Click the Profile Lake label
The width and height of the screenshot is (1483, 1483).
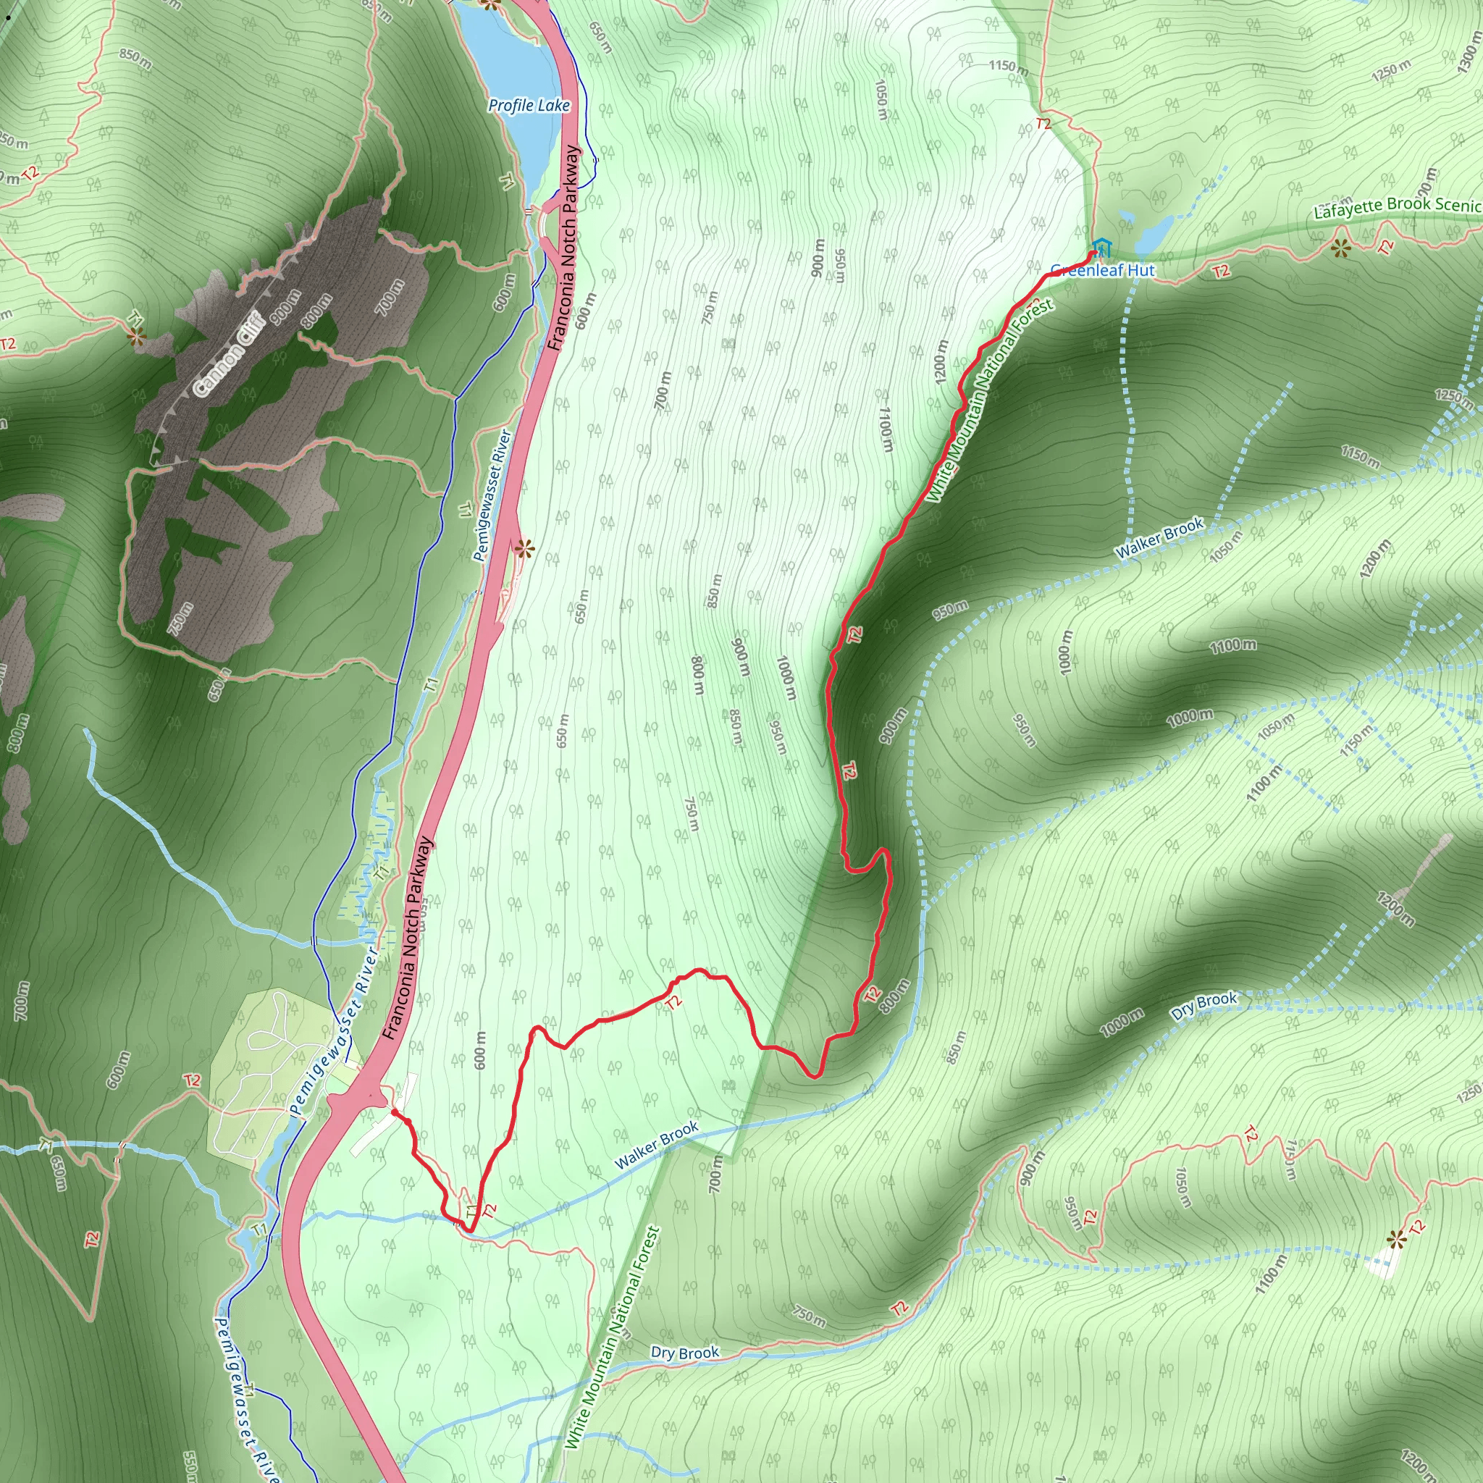pyautogui.click(x=529, y=105)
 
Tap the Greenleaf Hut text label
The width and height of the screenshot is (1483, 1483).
pyautogui.click(x=1102, y=270)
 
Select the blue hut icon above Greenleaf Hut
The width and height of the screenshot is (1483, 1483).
pyautogui.click(x=1102, y=247)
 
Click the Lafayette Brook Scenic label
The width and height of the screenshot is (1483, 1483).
pyautogui.click(x=1397, y=206)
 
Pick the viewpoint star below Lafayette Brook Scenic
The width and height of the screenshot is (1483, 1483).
pyautogui.click(x=1341, y=248)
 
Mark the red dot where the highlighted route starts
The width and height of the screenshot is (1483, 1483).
pyautogui.click(x=394, y=1112)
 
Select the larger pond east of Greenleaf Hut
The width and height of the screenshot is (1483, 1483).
pyautogui.click(x=1154, y=232)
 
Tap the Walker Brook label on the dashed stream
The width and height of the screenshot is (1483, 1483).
pyautogui.click(x=1159, y=539)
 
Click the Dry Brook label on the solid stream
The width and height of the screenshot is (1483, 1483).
pyautogui.click(x=685, y=1352)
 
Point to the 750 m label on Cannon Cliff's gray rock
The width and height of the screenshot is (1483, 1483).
pyautogui.click(x=180, y=618)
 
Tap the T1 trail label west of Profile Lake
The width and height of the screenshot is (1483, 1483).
pyautogui.click(x=507, y=182)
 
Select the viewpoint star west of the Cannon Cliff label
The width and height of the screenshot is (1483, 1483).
pyautogui.click(x=137, y=335)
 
